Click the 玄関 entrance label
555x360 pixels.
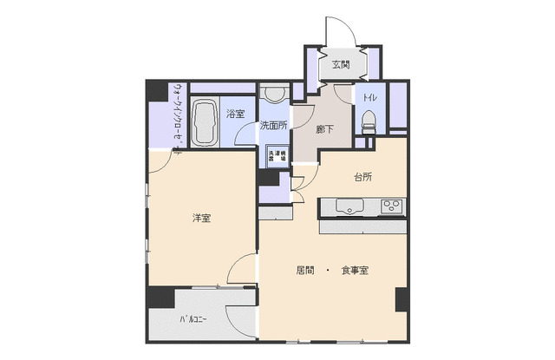340,64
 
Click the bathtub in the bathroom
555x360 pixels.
205,122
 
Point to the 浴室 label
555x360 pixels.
234,113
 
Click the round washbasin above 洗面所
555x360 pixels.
274,95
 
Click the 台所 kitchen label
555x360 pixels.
362,178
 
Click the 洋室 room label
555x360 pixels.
201,218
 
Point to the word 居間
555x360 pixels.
304,271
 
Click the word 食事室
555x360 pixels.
355,271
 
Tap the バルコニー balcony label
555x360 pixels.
193,320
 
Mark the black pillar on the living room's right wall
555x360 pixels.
401,299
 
